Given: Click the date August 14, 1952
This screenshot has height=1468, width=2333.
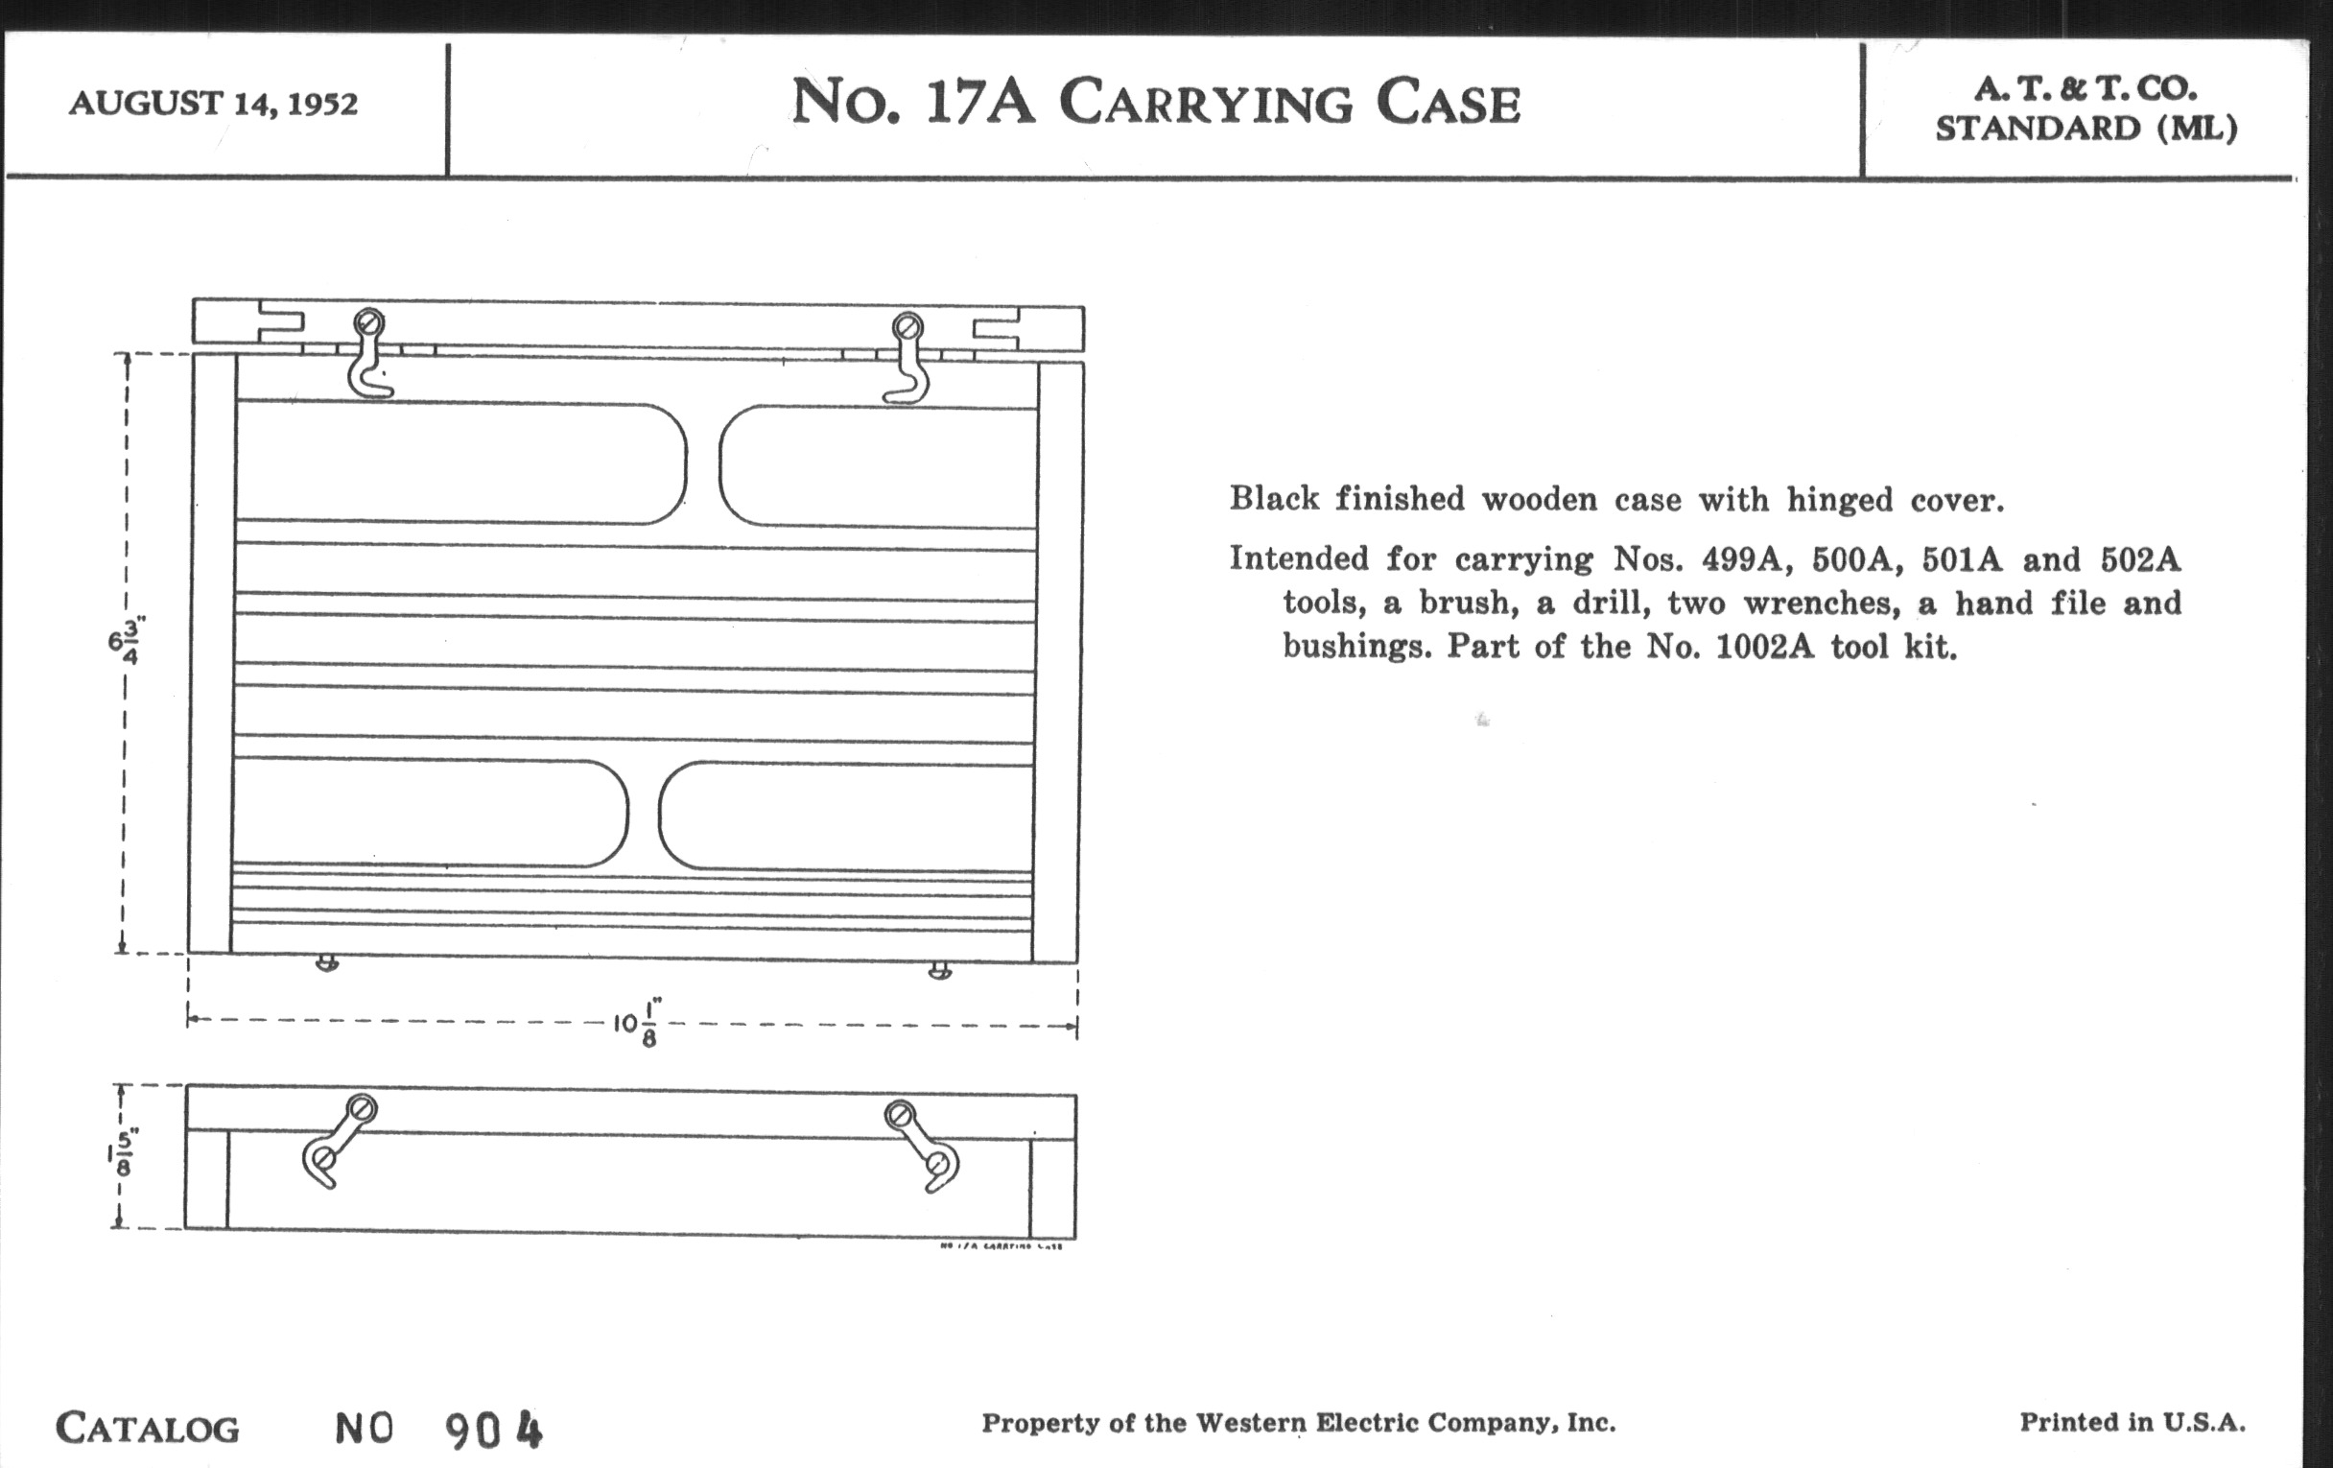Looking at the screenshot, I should [213, 103].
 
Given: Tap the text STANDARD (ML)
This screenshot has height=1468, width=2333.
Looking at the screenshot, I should [2086, 129].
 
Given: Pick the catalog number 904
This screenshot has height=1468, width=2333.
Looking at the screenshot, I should [494, 1430].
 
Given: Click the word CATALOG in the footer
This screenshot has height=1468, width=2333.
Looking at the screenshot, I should [148, 1429].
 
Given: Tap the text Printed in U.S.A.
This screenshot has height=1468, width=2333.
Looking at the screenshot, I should [2132, 1423].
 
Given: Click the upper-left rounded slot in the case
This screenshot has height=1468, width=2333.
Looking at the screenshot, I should [461, 463].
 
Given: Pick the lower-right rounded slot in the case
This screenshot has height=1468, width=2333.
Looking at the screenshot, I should [845, 816].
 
